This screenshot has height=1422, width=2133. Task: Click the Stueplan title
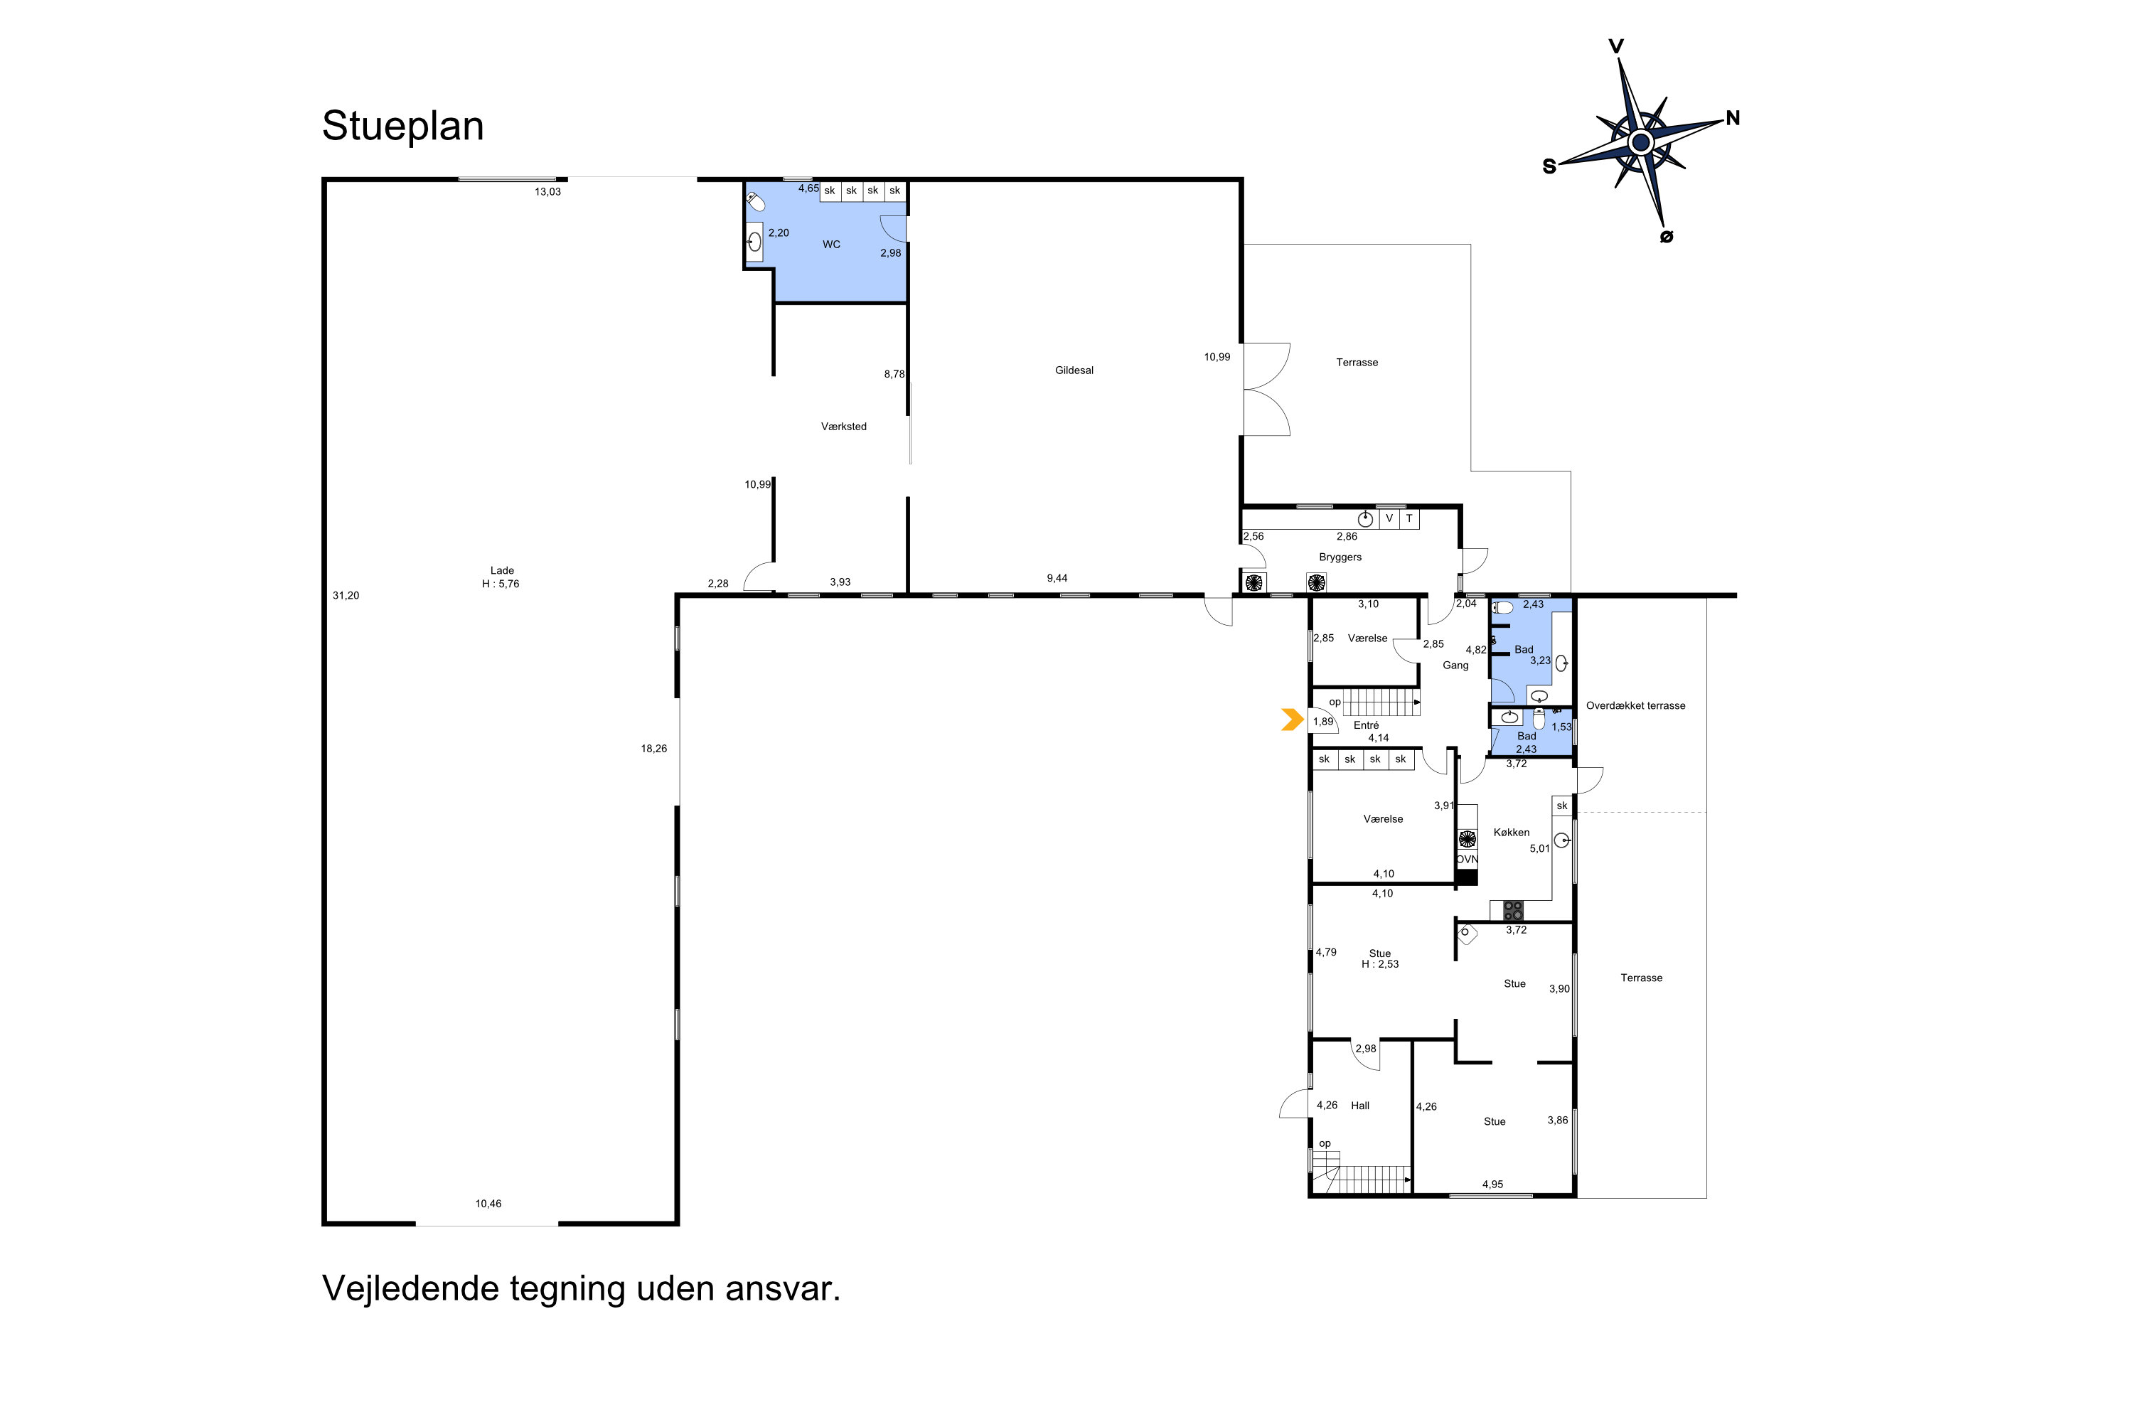[x=402, y=126]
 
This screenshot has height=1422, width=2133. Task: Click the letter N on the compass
[x=1732, y=118]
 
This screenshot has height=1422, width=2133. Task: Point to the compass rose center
[x=1640, y=142]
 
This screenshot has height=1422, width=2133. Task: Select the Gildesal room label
[x=1074, y=370]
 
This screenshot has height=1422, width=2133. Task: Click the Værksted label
[x=843, y=426]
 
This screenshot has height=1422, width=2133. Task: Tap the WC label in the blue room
[x=830, y=244]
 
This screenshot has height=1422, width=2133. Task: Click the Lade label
[x=501, y=570]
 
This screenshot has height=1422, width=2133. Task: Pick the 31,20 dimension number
[x=346, y=596]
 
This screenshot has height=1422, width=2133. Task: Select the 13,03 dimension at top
[x=547, y=192]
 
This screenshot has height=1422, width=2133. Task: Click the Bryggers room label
[x=1340, y=557]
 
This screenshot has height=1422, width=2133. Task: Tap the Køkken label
[x=1511, y=833]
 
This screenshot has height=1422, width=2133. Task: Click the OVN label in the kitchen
[x=1466, y=860]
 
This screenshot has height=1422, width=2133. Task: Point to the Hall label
[x=1359, y=1106]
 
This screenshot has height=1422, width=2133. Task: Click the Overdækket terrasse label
[x=1635, y=705]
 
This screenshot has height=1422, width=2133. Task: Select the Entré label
[x=1366, y=725]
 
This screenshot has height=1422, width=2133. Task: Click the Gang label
[x=1455, y=665]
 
